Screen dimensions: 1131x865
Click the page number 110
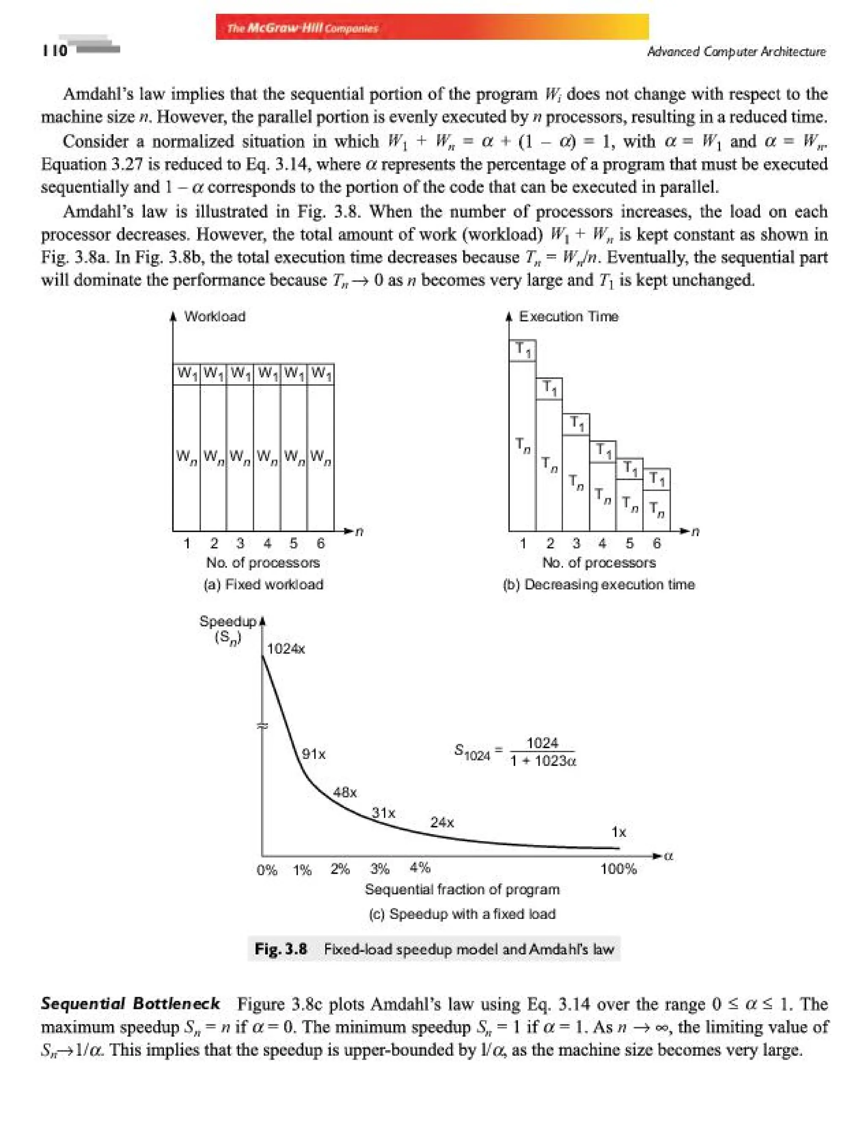54,50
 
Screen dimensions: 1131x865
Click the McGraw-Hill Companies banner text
303,28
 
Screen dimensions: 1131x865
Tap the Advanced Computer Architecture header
736,52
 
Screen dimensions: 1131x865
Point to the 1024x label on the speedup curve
286,649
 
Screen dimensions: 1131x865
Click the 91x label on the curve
313,754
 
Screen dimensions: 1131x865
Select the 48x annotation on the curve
345,792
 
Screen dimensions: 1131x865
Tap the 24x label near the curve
442,822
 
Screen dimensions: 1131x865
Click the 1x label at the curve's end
618,832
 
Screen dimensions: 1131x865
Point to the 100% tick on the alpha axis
618,869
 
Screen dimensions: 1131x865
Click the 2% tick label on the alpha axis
340,869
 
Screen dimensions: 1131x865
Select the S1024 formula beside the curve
515,752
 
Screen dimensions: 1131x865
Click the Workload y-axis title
215,317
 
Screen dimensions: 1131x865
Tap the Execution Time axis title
569,317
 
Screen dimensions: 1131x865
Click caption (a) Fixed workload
264,584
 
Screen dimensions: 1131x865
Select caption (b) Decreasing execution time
599,584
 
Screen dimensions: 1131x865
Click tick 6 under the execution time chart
656,543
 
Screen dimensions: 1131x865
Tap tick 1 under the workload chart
187,543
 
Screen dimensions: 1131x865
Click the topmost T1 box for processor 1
522,350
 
